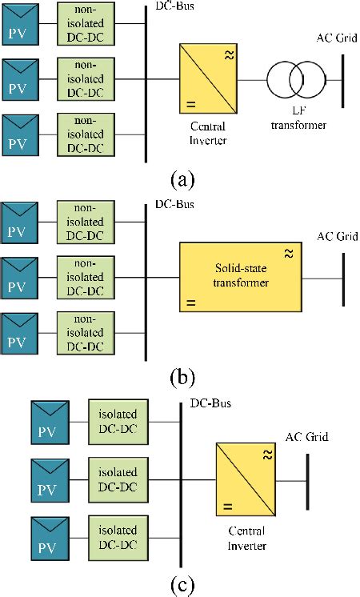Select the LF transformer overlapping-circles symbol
pyautogui.click(x=295, y=80)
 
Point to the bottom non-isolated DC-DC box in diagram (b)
pyautogui.click(x=86, y=335)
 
